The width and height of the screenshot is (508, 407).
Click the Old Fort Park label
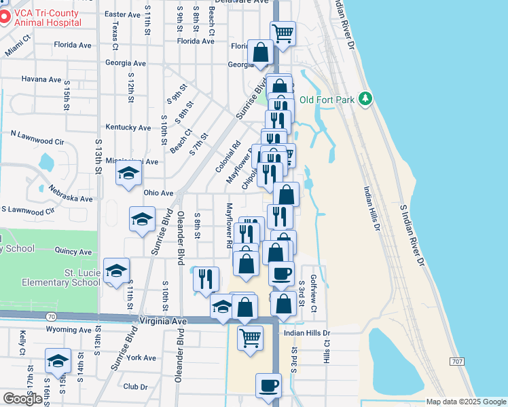click(x=327, y=100)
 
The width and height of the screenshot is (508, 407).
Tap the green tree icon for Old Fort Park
click(x=366, y=99)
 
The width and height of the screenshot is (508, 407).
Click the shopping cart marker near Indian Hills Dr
click(x=251, y=337)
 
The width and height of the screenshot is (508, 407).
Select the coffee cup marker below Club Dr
click(x=268, y=386)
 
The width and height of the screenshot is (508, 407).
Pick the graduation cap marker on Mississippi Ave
click(x=128, y=174)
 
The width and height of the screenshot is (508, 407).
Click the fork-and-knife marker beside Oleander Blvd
click(x=206, y=279)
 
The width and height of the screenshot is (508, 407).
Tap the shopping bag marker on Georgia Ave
click(x=260, y=52)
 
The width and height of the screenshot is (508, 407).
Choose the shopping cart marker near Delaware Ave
click(x=283, y=33)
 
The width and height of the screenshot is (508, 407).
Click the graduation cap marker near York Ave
click(x=58, y=361)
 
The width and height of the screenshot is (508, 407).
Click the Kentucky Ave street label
click(x=128, y=128)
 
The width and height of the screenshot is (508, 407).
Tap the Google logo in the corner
click(x=22, y=399)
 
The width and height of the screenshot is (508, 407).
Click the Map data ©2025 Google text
click(x=466, y=402)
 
